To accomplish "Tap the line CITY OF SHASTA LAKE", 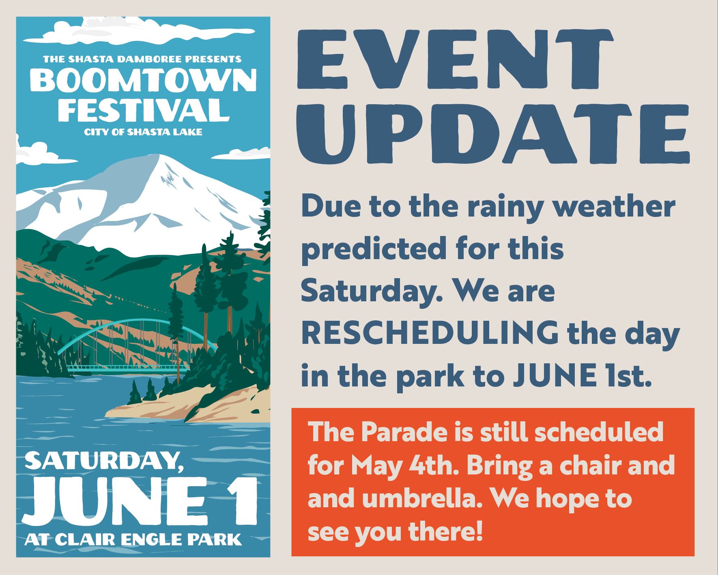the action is click(x=143, y=132).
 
